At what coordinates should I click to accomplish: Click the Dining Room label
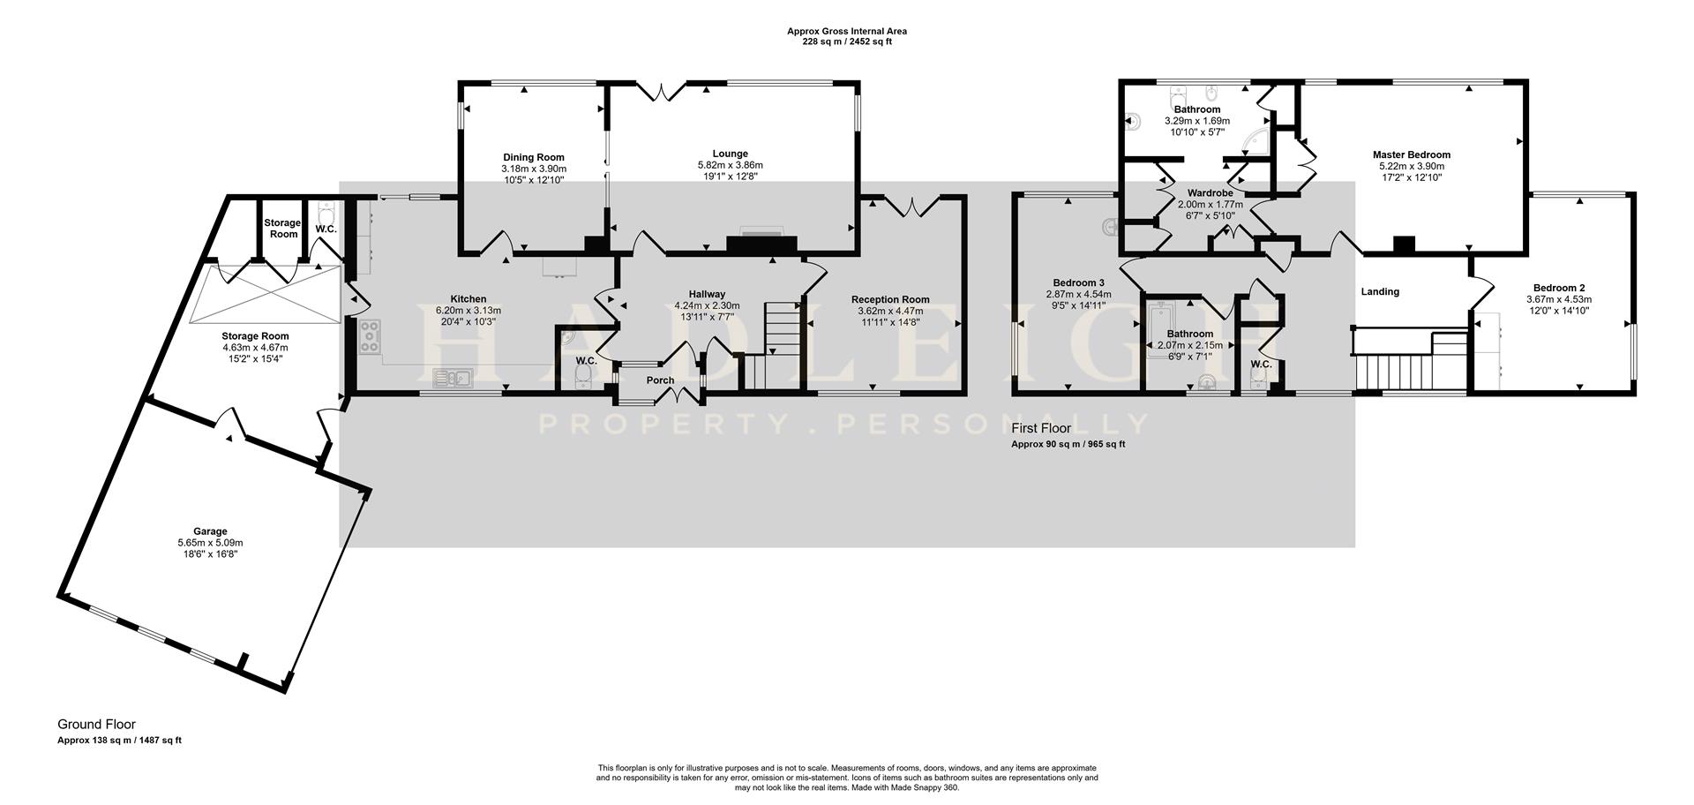pyautogui.click(x=534, y=157)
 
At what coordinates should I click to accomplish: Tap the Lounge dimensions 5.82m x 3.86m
pyautogui.click(x=730, y=165)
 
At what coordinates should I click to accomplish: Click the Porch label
pyautogui.click(x=660, y=380)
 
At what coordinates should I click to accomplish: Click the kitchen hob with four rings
pyautogui.click(x=370, y=336)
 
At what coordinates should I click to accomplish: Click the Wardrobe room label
pyautogui.click(x=1210, y=192)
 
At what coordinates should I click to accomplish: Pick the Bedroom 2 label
pyautogui.click(x=1559, y=288)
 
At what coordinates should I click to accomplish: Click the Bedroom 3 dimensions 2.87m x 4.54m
pyautogui.click(x=1078, y=295)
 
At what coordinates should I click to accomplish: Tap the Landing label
pyautogui.click(x=1380, y=291)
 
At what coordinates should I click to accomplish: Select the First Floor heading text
pyautogui.click(x=1041, y=429)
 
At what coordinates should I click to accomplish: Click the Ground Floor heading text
pyautogui.click(x=97, y=725)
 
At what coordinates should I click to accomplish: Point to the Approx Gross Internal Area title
pyautogui.click(x=846, y=31)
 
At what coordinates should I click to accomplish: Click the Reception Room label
pyautogui.click(x=890, y=299)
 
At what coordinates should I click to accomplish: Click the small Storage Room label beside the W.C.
pyautogui.click(x=283, y=229)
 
